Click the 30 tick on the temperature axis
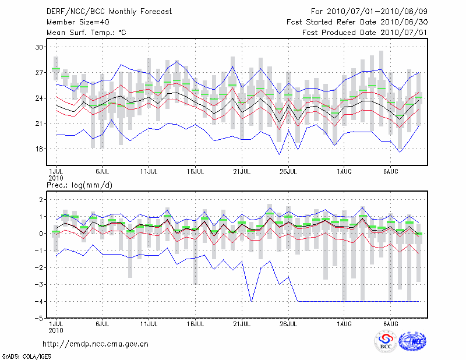tap(39, 47)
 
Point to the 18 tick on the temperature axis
tap(39, 149)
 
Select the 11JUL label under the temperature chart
tap(149, 172)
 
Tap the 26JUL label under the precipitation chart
tap(288, 324)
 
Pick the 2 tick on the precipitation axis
tap(41, 199)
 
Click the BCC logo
tap(386, 341)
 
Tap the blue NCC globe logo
tap(412, 341)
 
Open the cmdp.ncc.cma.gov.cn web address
tap(96, 344)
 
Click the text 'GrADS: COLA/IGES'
tap(26, 357)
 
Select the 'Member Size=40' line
tap(78, 22)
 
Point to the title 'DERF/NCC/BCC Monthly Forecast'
tap(109, 12)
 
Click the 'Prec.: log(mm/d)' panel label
tap(79, 185)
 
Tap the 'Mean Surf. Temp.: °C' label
tap(86, 33)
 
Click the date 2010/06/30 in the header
tap(404, 22)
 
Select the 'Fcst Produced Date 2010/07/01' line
tap(365, 33)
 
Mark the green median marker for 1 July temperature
tap(56, 69)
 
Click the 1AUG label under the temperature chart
tap(344, 172)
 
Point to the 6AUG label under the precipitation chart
tap(390, 324)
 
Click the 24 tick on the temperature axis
tap(39, 98)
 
